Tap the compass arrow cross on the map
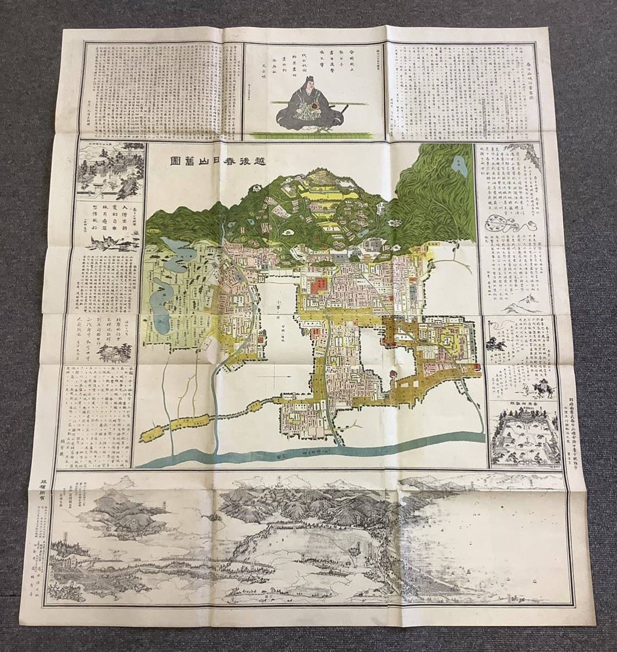[276, 374]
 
